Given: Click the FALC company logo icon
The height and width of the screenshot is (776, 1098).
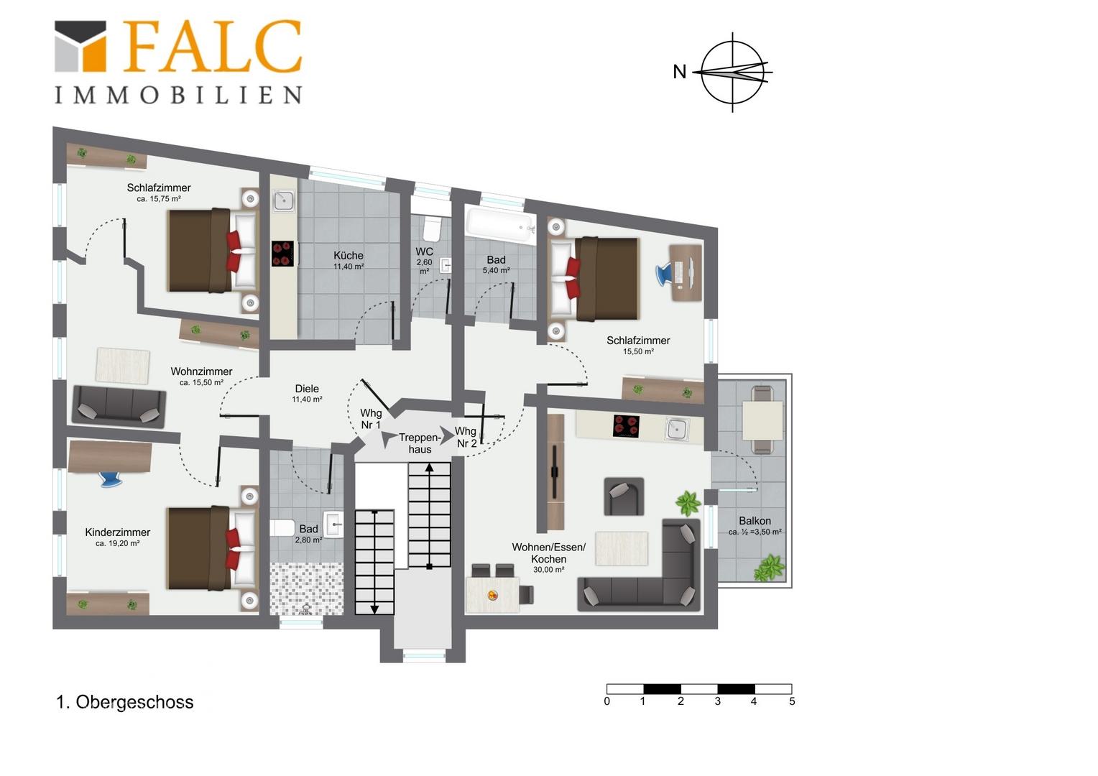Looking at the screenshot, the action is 80,46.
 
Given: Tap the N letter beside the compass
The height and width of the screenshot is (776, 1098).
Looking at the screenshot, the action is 679,72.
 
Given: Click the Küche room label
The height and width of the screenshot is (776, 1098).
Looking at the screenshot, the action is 349,255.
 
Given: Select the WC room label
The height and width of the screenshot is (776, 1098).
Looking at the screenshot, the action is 425,251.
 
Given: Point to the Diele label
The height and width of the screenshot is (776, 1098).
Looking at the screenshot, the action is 307,389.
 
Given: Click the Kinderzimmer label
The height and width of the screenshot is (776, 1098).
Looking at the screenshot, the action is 118,532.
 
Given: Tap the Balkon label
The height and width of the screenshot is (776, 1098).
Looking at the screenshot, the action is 755,521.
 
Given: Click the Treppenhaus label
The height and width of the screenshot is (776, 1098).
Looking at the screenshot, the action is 420,443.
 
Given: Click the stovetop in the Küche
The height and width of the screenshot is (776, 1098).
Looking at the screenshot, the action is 283,254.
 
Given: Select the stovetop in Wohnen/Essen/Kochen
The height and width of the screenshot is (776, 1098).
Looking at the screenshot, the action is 626,426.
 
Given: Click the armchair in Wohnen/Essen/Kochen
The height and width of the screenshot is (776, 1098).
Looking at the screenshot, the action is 624,496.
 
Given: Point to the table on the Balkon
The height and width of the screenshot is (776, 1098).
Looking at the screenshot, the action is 762,420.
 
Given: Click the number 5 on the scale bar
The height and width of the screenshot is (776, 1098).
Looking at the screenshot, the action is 792,701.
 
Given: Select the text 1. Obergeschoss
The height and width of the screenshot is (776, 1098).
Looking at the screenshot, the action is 125,702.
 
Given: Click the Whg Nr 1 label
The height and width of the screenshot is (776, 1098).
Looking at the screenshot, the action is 371,419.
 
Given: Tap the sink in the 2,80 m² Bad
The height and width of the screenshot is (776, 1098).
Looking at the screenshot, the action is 333,524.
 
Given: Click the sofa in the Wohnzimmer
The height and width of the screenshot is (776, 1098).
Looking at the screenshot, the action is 119,407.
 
